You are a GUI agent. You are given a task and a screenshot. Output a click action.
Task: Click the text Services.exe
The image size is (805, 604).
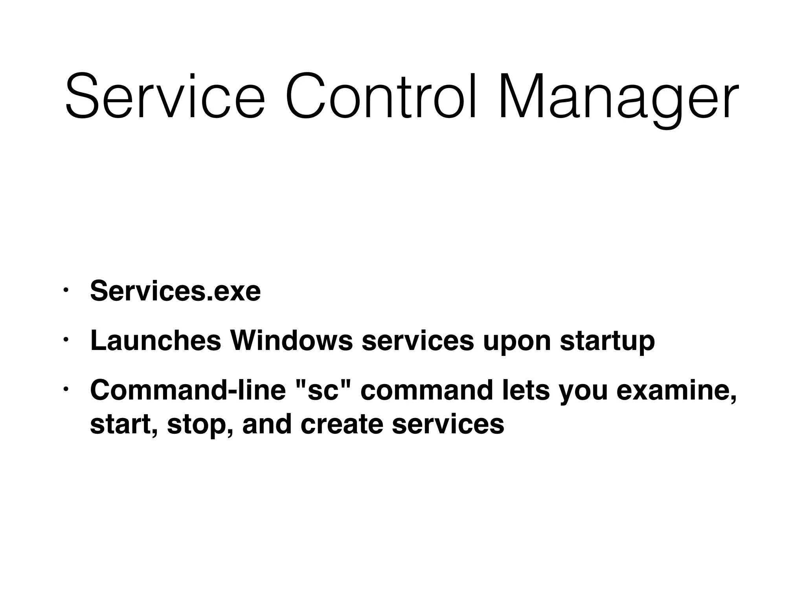click(175, 291)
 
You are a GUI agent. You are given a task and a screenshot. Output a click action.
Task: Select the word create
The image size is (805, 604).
click(342, 424)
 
